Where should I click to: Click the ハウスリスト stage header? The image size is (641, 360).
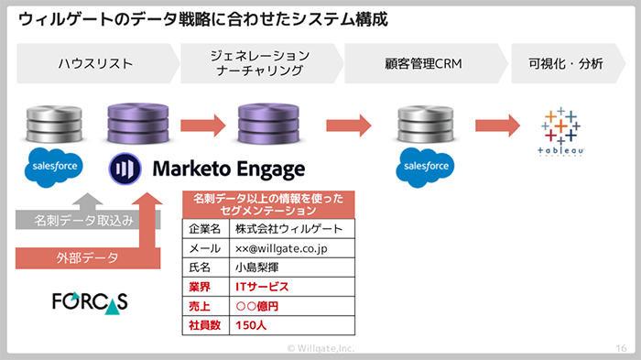95,64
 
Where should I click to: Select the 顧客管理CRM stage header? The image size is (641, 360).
422,64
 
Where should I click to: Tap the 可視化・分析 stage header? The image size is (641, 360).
566,64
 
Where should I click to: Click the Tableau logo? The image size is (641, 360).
560,132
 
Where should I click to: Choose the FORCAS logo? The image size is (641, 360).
90,301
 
